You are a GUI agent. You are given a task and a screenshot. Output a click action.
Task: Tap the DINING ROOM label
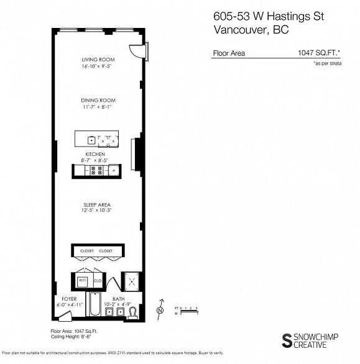click(x=98, y=100)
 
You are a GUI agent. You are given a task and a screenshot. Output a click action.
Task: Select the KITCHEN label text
click(x=95, y=153)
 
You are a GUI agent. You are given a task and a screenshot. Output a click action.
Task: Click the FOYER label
click(x=60, y=299)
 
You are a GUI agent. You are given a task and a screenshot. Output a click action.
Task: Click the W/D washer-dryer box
click(x=82, y=281)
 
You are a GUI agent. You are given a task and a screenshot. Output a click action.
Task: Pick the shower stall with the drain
click(x=132, y=281)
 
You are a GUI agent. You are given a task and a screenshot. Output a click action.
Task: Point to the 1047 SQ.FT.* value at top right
click(x=316, y=53)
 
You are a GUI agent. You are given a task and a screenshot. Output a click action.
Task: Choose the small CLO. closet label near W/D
click(x=98, y=281)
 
